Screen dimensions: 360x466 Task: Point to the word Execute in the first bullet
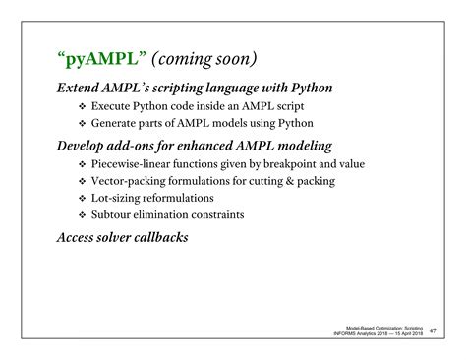point(115,105)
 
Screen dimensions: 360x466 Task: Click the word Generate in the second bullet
point(120,123)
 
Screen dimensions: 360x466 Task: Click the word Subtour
point(116,215)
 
